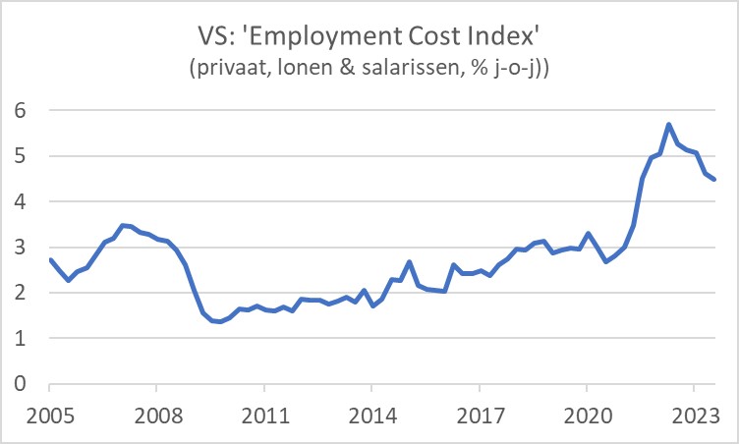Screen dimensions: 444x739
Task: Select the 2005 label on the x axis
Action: click(49, 415)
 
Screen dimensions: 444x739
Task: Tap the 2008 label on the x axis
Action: click(157, 415)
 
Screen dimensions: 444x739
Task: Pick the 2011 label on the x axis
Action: click(264, 415)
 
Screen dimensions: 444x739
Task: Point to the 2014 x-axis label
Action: click(371, 415)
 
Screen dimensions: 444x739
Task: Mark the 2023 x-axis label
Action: click(693, 415)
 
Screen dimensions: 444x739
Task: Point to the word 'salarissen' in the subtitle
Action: click(451, 71)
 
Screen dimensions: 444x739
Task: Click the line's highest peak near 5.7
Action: click(668, 125)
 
